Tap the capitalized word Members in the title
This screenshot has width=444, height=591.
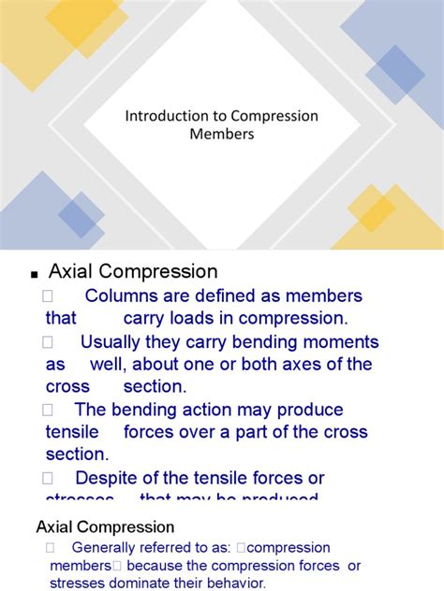pos(221,134)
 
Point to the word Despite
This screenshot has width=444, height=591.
pos(111,478)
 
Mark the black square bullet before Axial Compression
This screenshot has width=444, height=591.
pos(34,275)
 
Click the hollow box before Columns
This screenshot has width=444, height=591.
pos(50,296)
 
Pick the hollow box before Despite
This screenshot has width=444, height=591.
pos(50,478)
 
